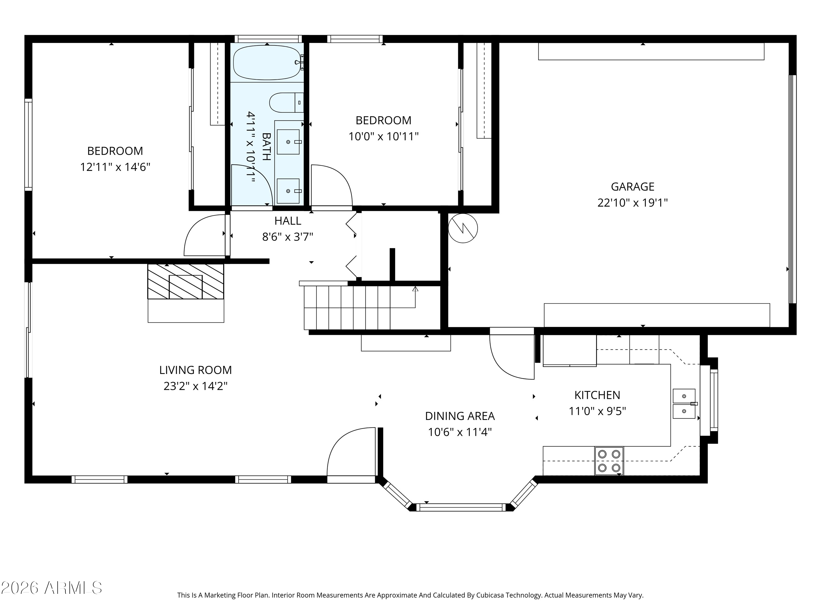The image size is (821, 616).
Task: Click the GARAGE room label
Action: point(632,186)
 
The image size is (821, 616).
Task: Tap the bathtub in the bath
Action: point(267,62)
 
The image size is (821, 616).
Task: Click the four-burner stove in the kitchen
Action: point(609,461)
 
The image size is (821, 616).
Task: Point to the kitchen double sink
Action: point(684,404)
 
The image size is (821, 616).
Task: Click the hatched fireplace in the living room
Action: point(186,281)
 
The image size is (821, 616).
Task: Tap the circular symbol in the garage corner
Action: point(463,228)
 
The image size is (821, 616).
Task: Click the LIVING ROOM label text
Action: point(196,370)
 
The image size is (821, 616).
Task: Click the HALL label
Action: point(288,221)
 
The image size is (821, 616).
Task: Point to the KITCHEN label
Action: point(597,395)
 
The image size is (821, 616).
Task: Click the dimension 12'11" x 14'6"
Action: point(115,167)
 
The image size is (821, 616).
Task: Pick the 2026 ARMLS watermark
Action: point(52,588)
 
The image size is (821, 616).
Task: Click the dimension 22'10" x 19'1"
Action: point(632,203)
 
